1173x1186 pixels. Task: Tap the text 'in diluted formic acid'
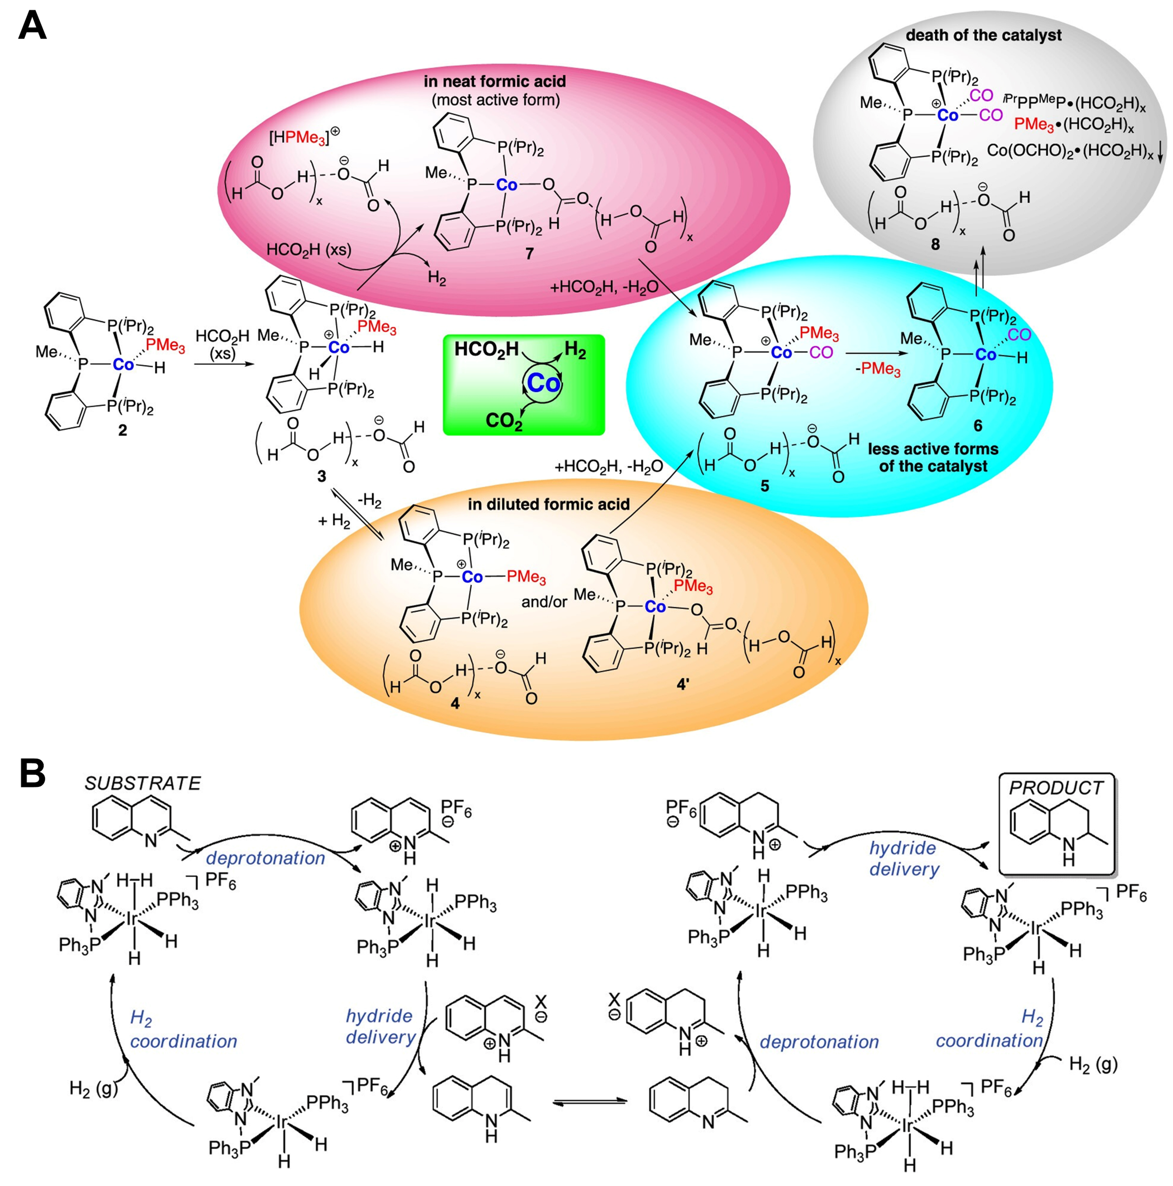(548, 504)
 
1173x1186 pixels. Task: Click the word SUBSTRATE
(143, 783)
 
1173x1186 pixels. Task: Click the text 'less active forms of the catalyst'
(933, 457)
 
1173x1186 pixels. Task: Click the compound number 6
(978, 425)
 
